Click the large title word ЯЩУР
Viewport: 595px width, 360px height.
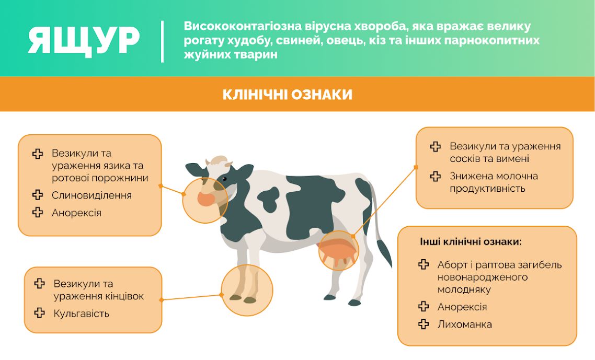84,41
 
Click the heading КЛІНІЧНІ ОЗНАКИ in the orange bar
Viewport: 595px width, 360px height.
287,95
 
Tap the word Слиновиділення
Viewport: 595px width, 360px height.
92,195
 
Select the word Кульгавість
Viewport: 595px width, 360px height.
81,313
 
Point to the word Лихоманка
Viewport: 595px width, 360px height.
464,324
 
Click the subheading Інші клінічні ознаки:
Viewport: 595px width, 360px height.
471,241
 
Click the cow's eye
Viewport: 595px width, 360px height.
224,179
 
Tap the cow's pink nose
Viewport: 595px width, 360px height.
206,199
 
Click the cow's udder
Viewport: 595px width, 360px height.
338,251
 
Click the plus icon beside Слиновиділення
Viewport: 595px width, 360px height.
38,194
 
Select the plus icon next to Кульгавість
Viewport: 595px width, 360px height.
39,312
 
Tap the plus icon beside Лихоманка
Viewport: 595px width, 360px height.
424,323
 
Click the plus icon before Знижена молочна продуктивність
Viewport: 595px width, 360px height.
436,176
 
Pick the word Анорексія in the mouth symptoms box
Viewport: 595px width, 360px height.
77,213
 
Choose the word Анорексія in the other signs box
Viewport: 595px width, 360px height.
462,307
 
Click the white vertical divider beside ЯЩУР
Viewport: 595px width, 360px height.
163,41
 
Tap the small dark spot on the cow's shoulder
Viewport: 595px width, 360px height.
269,199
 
